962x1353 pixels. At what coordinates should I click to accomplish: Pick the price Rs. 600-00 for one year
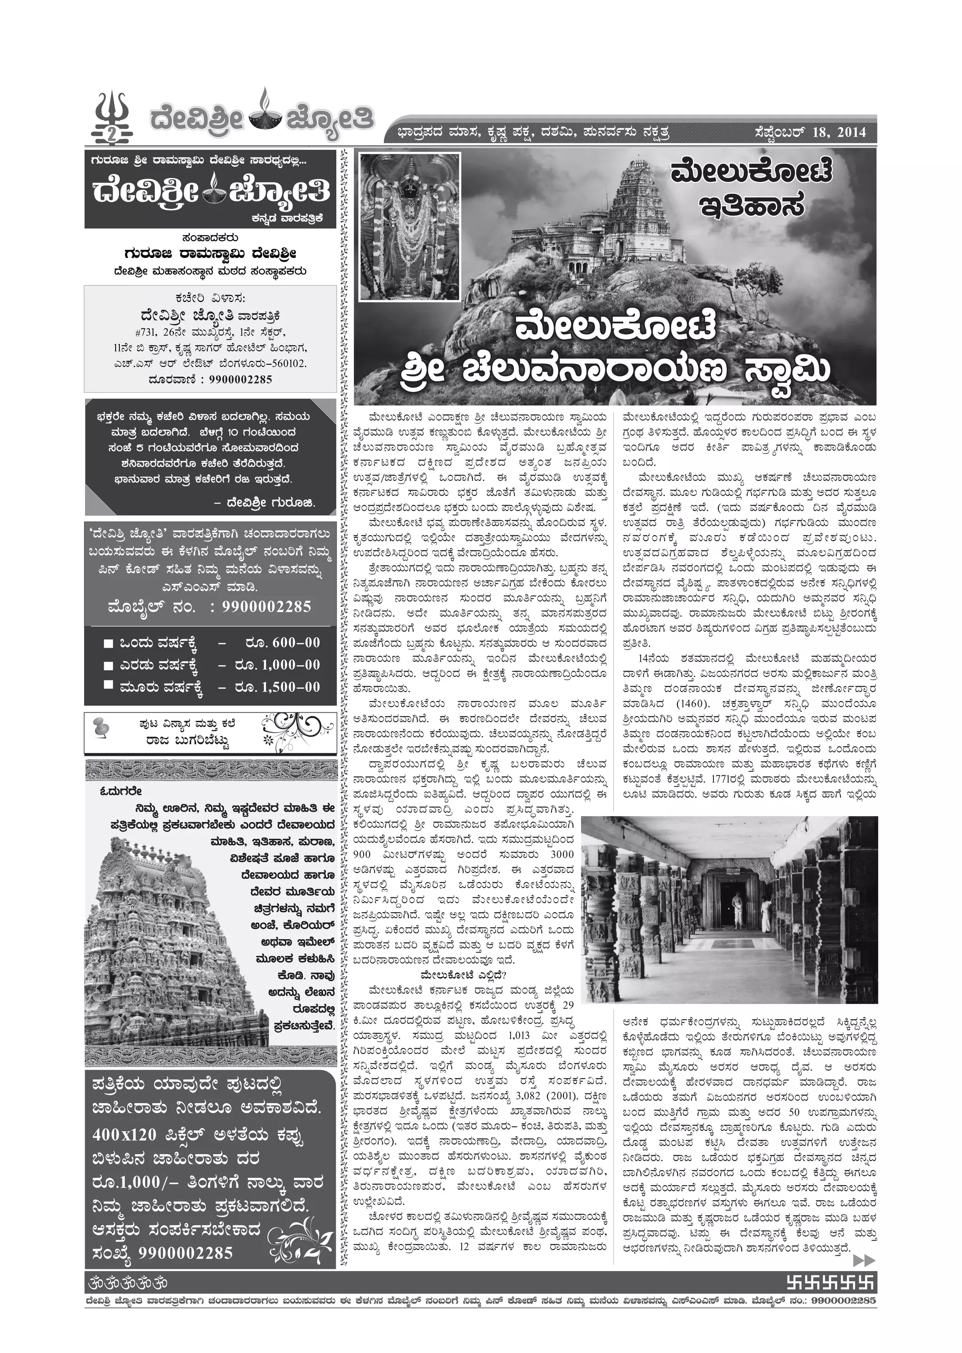click(x=281, y=642)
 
